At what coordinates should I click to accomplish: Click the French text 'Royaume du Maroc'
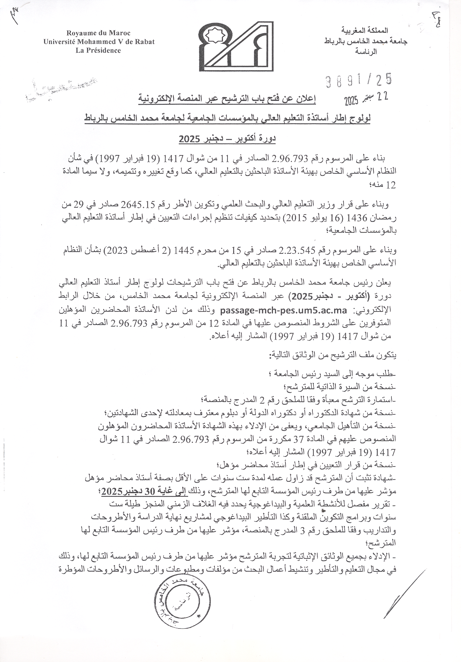pyautogui.click(x=98, y=33)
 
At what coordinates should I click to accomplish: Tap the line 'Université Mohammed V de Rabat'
pyautogui.click(x=99, y=42)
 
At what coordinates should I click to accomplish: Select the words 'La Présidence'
pyautogui.click(x=98, y=51)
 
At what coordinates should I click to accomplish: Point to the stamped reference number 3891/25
pyautogui.click(x=359, y=80)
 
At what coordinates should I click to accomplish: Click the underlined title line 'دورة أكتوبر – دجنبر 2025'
pyautogui.click(x=228, y=139)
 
